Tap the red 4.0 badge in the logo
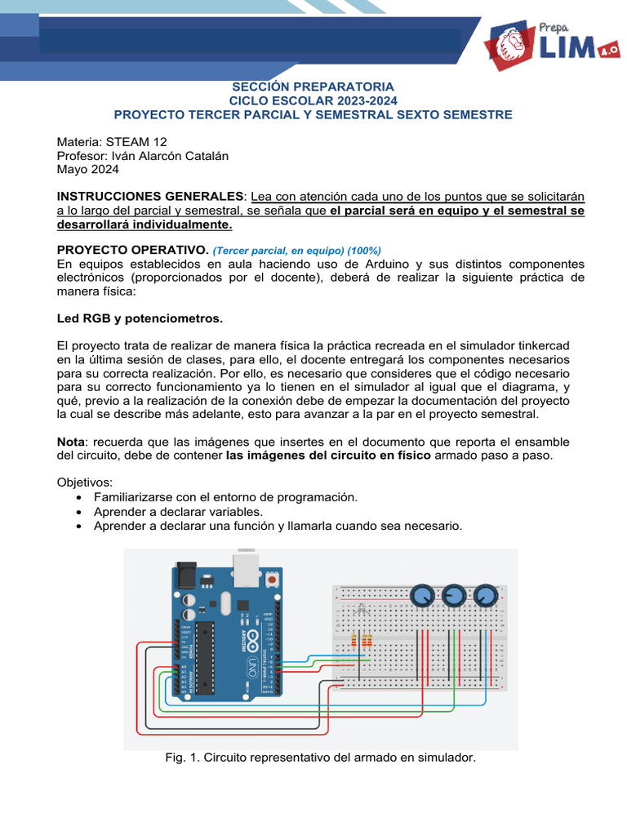tap(608, 50)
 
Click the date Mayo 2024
tap(87, 170)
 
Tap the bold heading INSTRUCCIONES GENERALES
tap(149, 197)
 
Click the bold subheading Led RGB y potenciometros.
tap(140, 317)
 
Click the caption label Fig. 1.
tap(180, 758)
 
